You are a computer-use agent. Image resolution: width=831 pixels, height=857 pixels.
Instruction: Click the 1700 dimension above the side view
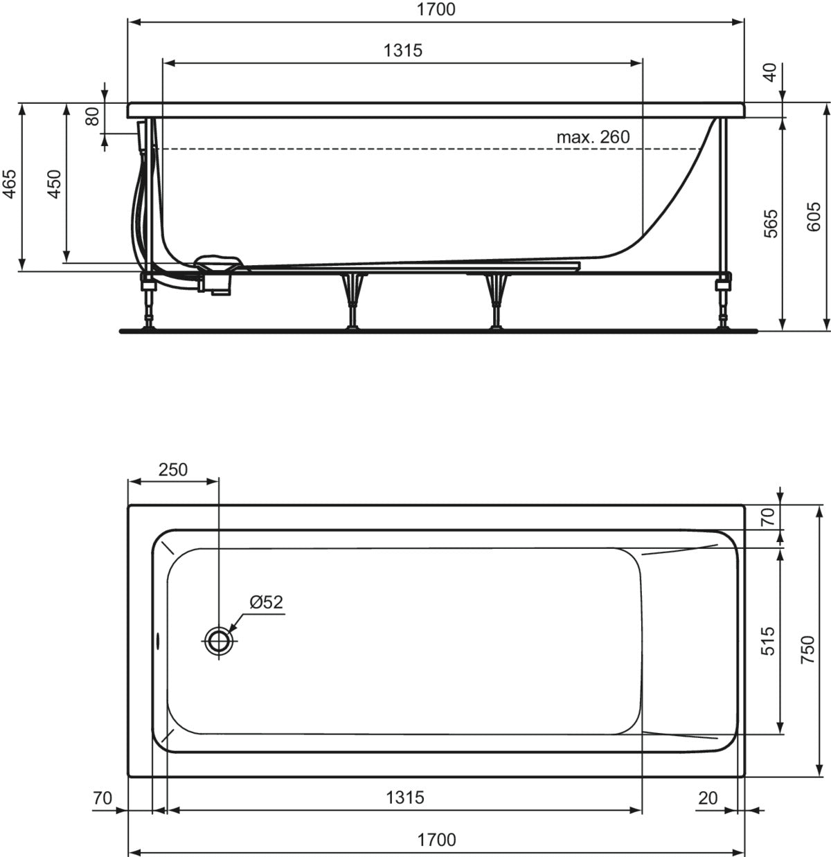[x=436, y=9]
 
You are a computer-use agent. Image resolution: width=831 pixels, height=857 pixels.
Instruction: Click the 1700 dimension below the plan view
[x=436, y=840]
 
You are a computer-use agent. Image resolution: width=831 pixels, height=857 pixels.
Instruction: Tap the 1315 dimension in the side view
[x=403, y=51]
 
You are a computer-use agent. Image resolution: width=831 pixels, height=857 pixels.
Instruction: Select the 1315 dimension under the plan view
[x=405, y=797]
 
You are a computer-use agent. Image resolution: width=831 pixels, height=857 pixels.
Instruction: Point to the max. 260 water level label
[x=593, y=137]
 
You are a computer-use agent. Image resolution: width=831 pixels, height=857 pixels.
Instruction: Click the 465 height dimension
[x=9, y=184]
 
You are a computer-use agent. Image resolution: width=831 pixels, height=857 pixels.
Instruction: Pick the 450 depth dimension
[x=54, y=184]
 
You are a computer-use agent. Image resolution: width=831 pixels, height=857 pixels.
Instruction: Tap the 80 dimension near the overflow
[x=93, y=117]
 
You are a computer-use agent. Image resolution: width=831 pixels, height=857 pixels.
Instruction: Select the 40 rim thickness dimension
[x=770, y=72]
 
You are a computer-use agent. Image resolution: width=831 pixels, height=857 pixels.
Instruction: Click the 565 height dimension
[x=771, y=224]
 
